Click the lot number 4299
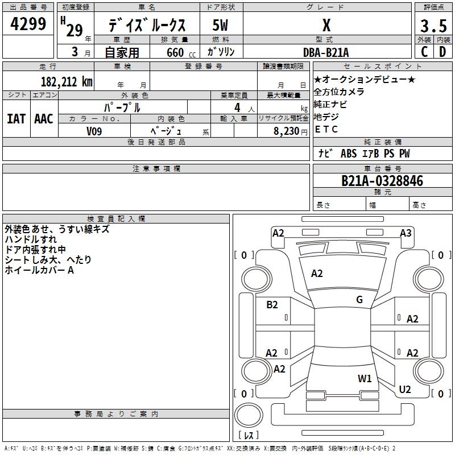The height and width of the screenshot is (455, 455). tap(28, 24)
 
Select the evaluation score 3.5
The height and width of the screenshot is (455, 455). tap(433, 26)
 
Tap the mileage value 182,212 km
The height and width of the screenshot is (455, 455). tap(67, 81)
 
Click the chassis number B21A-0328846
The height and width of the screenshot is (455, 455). tap(382, 181)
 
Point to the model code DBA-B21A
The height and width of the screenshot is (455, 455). tap(326, 52)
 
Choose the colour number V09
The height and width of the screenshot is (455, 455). tap(94, 131)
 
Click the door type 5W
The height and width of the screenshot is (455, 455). tap(220, 25)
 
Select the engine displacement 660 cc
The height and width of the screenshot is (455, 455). tap(181, 52)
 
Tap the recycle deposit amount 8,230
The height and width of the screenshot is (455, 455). tap(286, 131)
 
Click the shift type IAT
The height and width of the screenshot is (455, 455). tap(16, 119)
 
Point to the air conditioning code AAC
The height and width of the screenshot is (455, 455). tap(44, 119)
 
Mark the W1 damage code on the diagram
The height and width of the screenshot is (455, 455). tap(365, 379)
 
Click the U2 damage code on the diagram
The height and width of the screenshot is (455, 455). tap(405, 390)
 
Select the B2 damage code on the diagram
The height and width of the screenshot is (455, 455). tap(272, 305)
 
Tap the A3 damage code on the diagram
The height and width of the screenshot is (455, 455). tap(406, 233)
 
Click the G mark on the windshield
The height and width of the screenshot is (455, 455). tap(359, 300)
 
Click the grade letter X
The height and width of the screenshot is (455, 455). tap(326, 25)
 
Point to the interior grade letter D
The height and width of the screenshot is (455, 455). tap(442, 52)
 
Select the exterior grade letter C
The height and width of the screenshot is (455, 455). tap(424, 52)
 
